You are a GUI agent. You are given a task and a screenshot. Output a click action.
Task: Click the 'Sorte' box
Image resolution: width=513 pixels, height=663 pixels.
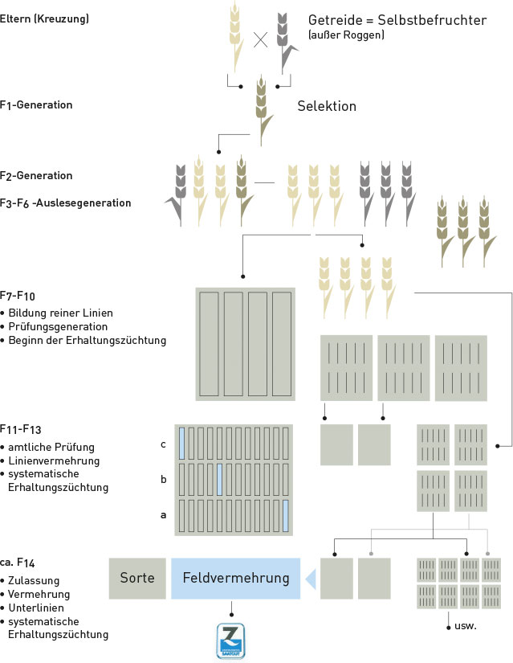[x=137, y=579]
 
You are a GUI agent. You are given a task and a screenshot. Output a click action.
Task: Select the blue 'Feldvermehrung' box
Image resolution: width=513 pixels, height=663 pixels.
[x=236, y=579]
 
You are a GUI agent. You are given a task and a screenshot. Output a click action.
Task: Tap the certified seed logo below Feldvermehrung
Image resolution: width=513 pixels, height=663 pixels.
[x=230, y=641]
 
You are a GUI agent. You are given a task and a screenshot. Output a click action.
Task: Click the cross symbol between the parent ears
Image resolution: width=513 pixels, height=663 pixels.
[x=261, y=40]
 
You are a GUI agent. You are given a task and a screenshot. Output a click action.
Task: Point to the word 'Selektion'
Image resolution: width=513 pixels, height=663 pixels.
[x=327, y=106]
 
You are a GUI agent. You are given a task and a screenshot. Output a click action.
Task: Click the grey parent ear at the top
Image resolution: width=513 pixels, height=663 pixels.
[x=286, y=43]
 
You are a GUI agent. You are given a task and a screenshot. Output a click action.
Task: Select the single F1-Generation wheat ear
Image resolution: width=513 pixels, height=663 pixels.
[x=263, y=111]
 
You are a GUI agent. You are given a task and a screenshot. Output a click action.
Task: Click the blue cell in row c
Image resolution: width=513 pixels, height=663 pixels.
[x=181, y=444]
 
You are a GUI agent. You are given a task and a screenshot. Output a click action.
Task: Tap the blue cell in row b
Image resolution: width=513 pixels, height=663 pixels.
[x=219, y=479]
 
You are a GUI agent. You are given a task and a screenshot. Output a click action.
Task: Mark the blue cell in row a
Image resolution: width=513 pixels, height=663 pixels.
[x=286, y=515]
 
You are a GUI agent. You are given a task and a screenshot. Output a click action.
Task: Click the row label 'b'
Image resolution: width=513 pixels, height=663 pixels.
[x=164, y=479]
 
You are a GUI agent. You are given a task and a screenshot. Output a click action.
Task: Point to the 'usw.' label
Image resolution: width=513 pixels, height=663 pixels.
[x=466, y=626]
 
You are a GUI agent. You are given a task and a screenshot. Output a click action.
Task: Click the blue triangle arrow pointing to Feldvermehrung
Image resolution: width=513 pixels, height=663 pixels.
[x=311, y=579]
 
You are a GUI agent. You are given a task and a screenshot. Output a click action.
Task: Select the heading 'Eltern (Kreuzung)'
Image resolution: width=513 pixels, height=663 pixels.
[x=44, y=18]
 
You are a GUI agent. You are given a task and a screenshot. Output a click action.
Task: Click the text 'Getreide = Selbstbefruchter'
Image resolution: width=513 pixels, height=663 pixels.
[x=397, y=20]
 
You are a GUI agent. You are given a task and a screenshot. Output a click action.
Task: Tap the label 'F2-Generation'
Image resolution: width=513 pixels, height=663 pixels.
[x=36, y=175]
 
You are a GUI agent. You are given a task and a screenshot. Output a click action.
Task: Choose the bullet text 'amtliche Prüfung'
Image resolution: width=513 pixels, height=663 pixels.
[x=51, y=447]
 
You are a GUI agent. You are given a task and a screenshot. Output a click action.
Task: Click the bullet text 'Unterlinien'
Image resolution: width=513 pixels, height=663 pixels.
[x=36, y=608]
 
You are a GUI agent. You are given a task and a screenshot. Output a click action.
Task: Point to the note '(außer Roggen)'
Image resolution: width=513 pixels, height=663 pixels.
[x=346, y=35]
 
